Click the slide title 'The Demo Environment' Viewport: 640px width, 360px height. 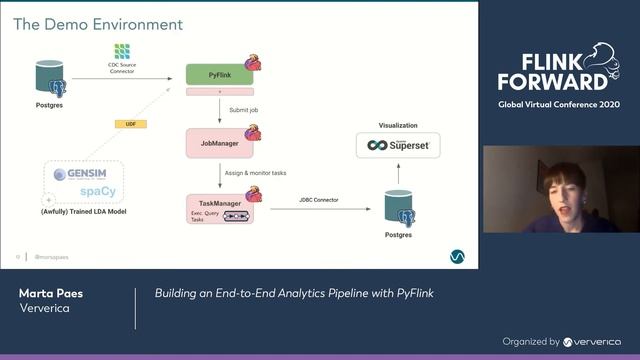point(97,23)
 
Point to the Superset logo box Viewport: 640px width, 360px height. point(397,145)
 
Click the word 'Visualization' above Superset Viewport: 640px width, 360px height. point(397,125)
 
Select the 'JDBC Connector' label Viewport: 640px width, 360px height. point(318,200)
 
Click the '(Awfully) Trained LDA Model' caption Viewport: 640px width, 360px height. point(84,213)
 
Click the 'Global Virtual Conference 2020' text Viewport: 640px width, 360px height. point(559,104)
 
